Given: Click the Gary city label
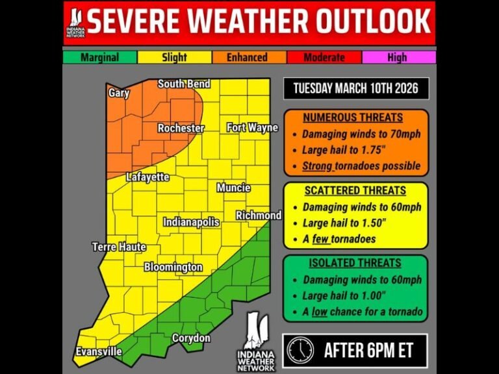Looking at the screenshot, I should click(119, 93).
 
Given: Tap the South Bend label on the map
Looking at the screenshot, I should click(184, 84).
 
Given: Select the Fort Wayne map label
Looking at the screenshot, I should click(252, 128).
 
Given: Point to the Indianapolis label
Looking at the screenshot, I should click(191, 222).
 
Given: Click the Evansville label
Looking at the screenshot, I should click(97, 351).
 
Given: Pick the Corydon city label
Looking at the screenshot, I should click(191, 338).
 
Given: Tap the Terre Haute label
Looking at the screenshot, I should click(119, 247).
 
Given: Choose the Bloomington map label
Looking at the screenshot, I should click(173, 267).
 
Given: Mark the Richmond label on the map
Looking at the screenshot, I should click(259, 216).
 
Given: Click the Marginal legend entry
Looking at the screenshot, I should click(99, 57).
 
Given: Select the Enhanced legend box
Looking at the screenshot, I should click(247, 57).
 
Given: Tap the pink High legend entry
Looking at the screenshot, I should click(397, 57).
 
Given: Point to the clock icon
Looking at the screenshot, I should click(300, 351).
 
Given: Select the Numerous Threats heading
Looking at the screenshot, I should click(353, 118).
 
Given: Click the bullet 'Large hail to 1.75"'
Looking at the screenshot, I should click(344, 150).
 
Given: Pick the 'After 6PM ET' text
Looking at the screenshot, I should click(368, 351).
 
